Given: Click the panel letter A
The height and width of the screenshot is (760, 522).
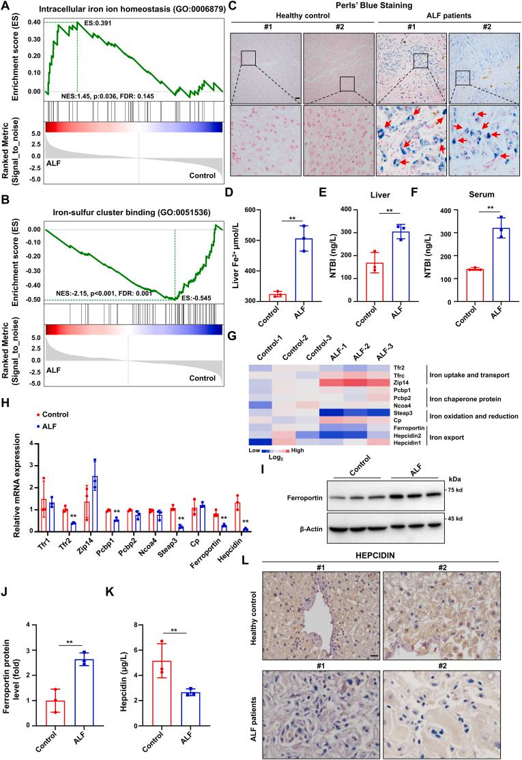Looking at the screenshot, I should pyautogui.click(x=5, y=6).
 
